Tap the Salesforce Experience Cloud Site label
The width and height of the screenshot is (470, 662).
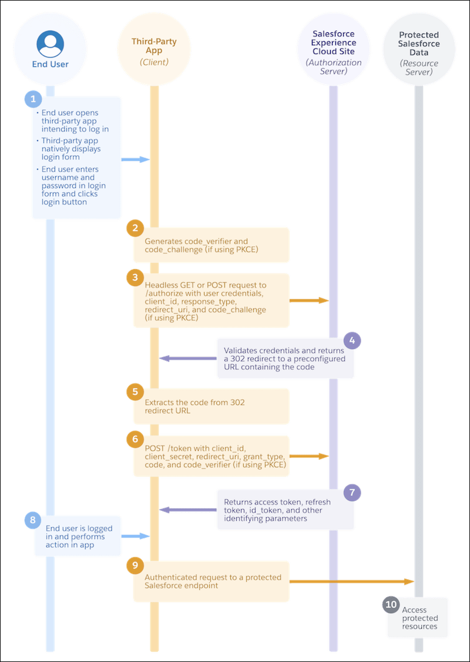click(x=334, y=43)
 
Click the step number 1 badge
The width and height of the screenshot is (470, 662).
click(x=33, y=99)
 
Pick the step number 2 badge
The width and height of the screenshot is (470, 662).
click(x=135, y=228)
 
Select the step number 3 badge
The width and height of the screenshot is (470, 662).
click(x=135, y=277)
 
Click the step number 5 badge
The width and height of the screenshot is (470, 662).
click(x=135, y=390)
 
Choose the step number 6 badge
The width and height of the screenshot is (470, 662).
click(x=135, y=438)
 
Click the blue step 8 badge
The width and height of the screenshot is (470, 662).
click(x=33, y=520)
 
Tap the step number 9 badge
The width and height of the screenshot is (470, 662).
click(x=135, y=564)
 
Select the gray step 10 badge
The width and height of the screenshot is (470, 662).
click(x=391, y=604)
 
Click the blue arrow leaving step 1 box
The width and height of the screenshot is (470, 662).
click(x=136, y=159)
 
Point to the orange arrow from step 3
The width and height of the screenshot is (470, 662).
click(x=309, y=300)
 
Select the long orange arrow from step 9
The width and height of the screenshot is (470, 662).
click(x=352, y=581)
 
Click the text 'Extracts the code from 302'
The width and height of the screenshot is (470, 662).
click(x=194, y=403)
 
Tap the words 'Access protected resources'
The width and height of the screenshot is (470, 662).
click(x=419, y=618)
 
